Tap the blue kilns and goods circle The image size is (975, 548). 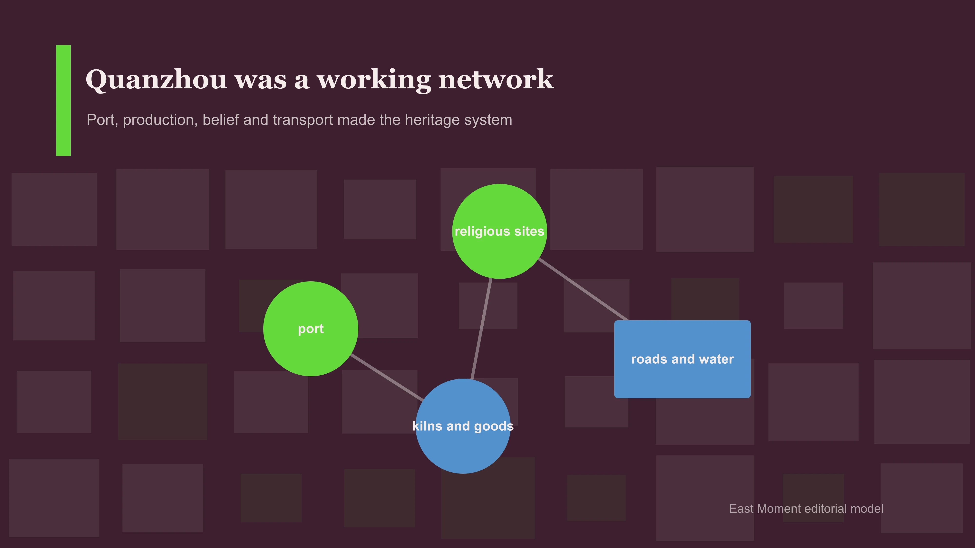463,426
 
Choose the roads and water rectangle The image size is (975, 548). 682,359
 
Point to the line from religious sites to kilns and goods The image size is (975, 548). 481,329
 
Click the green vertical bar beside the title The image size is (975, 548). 63,100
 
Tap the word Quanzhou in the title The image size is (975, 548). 156,80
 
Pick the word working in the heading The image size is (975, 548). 374,80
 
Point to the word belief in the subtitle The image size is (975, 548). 221,120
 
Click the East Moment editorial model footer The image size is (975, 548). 806,509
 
